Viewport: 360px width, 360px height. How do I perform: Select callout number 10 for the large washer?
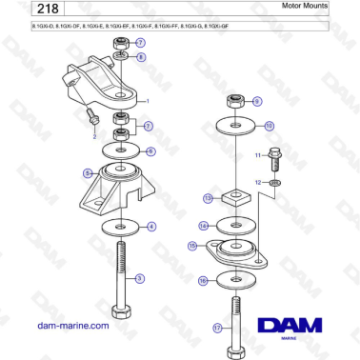click(x=269, y=125)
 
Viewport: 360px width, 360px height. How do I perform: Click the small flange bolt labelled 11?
click(x=277, y=154)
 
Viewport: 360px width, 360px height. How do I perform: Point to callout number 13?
click(x=208, y=198)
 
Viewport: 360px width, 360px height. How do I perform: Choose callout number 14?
click(x=203, y=226)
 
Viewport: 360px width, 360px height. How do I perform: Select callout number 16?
click(x=203, y=281)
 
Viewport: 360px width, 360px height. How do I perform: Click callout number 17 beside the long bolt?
click(x=217, y=327)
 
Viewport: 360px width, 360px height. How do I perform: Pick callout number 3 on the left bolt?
click(x=140, y=278)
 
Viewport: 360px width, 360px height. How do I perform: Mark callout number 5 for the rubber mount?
click(x=87, y=173)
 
